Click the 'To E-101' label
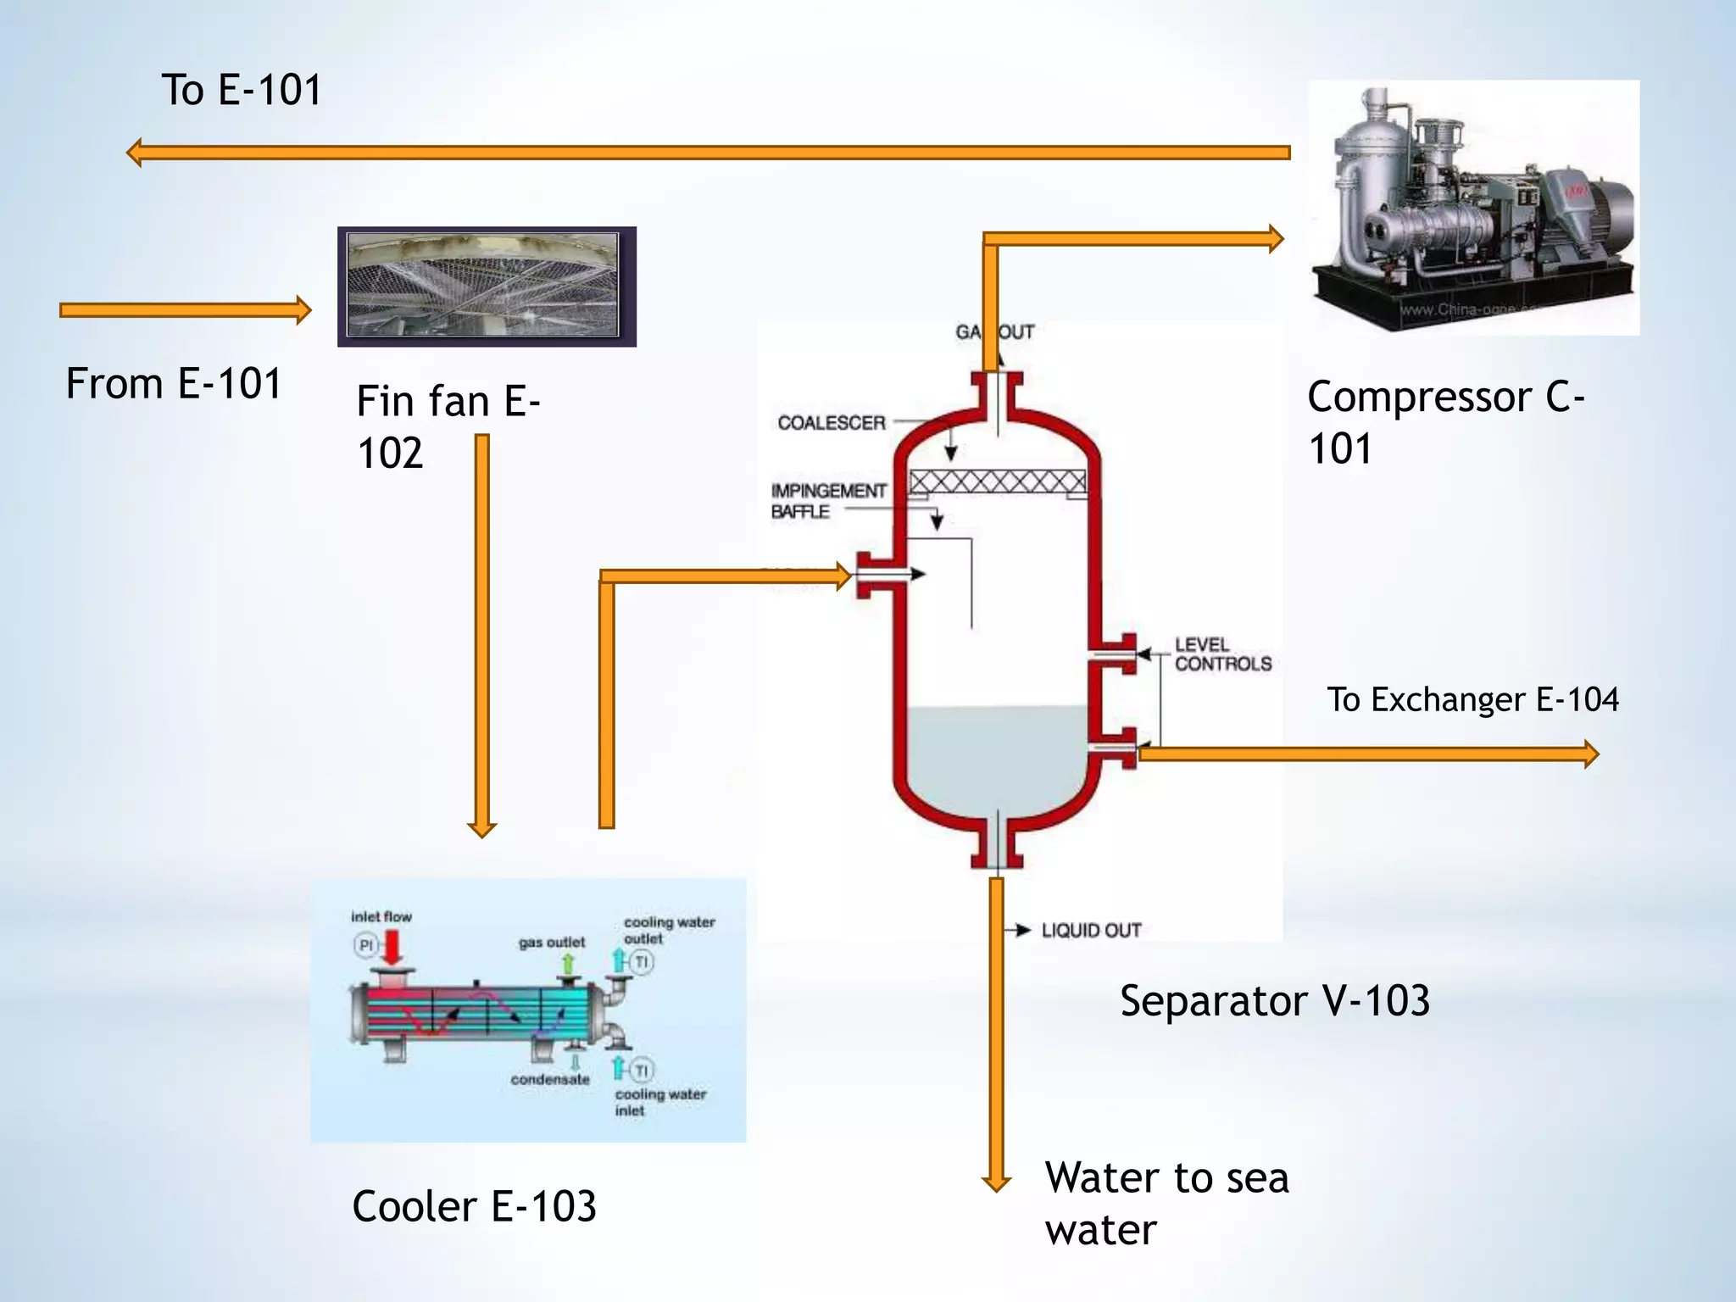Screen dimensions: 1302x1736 pos(242,90)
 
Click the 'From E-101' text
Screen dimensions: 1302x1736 pos(174,383)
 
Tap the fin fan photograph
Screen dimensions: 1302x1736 pos(487,287)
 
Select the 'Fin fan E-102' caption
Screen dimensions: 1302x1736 pos(448,426)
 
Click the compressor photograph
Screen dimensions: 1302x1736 pos(1473,208)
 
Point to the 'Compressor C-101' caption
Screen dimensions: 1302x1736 pos(1444,422)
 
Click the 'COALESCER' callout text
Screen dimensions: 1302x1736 pos(831,422)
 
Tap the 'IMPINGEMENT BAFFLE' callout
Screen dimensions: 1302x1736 pos(827,501)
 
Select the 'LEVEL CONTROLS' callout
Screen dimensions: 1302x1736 pos(1222,654)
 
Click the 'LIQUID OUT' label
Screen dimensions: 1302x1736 pos(1091,930)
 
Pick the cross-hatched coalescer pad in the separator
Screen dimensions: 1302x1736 pos(997,482)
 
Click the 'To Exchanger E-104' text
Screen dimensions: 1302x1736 pos(1472,700)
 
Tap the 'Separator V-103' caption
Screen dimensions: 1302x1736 pos(1274,1000)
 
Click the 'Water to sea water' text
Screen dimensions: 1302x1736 pos(1166,1203)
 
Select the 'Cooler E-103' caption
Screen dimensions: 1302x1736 pos(474,1205)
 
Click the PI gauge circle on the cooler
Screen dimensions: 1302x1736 pos(365,944)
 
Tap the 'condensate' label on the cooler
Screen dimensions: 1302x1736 pos(549,1079)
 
